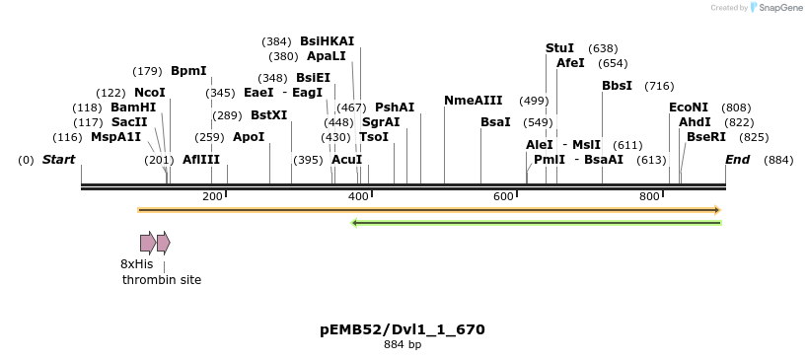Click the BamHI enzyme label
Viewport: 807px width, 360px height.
click(x=133, y=107)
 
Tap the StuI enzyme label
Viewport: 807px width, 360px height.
click(x=559, y=47)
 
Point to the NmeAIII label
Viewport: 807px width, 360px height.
click(x=474, y=101)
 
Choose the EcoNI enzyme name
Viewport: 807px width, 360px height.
click(x=689, y=107)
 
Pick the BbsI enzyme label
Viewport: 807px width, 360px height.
click(x=617, y=85)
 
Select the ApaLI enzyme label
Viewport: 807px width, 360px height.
click(x=327, y=56)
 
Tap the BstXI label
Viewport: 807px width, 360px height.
click(x=268, y=114)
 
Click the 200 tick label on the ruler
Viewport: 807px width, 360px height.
click(x=212, y=197)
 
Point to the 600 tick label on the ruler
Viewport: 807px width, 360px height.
click(x=503, y=197)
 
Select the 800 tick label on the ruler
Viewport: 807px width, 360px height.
click(x=649, y=197)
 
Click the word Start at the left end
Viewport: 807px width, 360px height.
click(x=58, y=159)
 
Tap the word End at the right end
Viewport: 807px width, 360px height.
click(x=737, y=159)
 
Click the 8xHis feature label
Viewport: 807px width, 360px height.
click(x=136, y=263)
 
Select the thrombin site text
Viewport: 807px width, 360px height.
click(x=162, y=279)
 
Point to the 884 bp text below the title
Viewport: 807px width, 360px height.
click(x=403, y=344)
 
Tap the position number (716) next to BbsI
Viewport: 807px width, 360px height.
click(x=658, y=86)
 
